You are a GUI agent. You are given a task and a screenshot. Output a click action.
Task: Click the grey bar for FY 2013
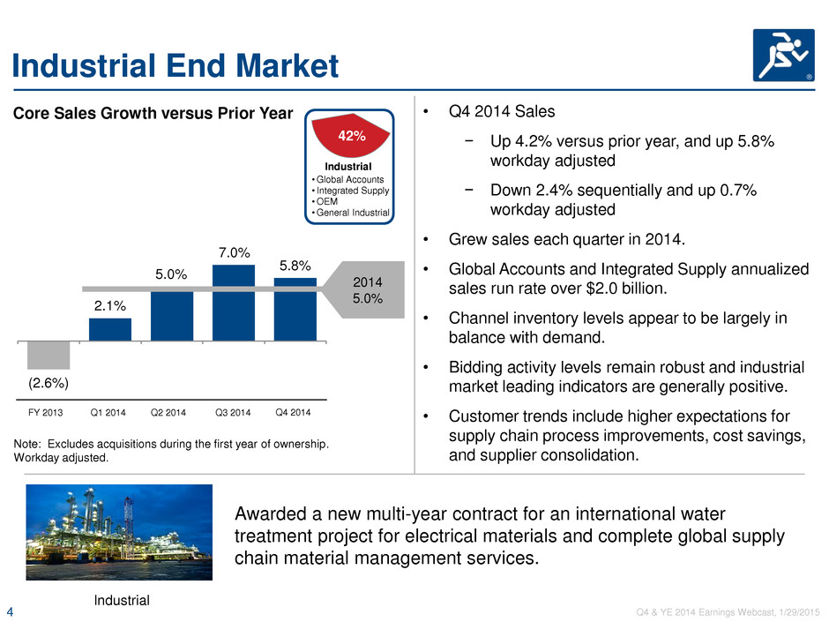49,355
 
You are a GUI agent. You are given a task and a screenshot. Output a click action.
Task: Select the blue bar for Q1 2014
110,329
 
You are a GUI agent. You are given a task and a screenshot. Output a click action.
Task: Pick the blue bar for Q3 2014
234,304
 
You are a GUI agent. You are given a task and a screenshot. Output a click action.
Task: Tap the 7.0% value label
235,253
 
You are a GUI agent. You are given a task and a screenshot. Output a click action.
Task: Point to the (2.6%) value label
49,383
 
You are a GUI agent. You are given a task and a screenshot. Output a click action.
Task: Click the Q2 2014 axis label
168,413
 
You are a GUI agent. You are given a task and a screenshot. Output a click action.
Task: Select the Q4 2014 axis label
293,413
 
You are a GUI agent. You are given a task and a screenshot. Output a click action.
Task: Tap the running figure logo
783,55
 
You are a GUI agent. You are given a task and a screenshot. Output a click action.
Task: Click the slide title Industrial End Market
175,66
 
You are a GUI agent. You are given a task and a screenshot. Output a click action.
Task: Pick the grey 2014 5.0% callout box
363,290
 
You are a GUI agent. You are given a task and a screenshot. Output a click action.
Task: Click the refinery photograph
119,532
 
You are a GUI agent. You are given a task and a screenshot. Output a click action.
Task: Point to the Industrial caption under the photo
122,600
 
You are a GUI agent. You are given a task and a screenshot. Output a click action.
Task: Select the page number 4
10,612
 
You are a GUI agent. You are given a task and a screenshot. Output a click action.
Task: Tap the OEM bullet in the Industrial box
326,201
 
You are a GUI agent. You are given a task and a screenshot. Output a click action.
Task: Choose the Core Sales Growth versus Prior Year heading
153,113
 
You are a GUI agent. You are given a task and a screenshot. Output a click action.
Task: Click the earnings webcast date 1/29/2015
799,612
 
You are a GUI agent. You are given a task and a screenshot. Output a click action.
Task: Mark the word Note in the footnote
26,445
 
